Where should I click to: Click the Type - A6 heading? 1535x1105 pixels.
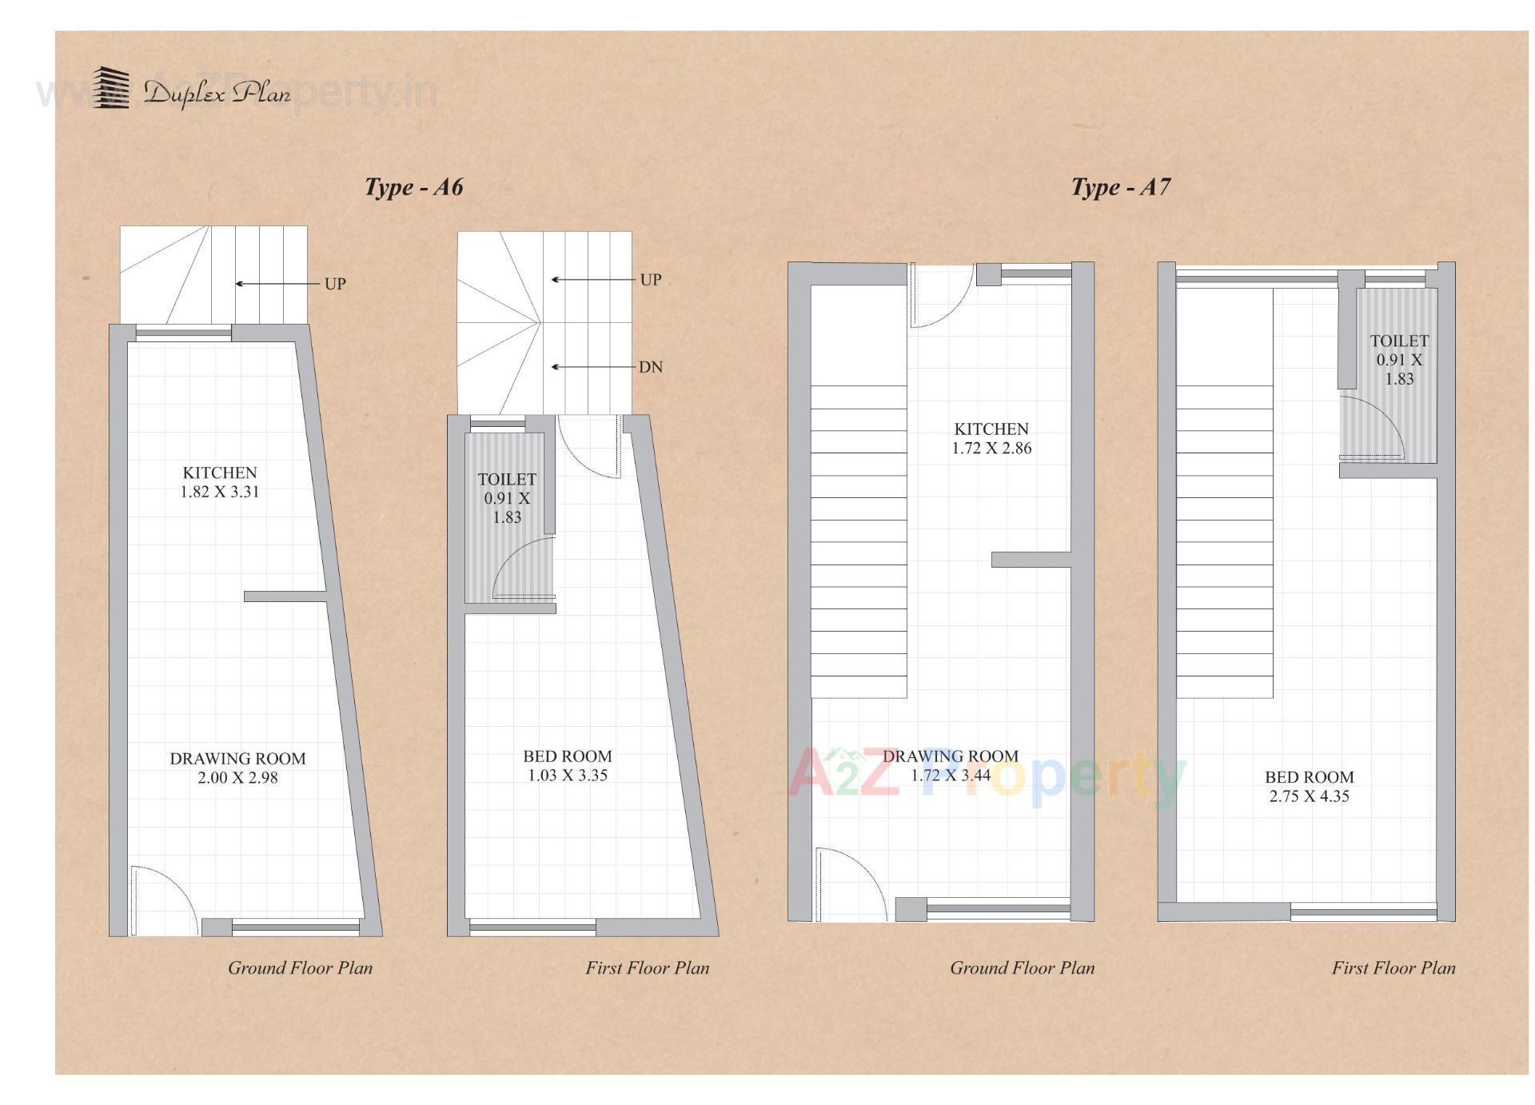click(413, 187)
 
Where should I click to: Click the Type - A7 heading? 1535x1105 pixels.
click(1120, 187)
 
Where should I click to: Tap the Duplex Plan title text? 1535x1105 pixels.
click(217, 94)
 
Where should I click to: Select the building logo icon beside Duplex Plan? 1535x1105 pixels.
click(110, 88)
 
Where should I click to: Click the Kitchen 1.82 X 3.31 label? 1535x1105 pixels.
click(219, 482)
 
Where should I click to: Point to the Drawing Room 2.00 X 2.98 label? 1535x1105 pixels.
click(237, 768)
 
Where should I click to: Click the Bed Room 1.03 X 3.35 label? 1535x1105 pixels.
click(567, 765)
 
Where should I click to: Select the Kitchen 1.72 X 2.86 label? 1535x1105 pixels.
click(991, 438)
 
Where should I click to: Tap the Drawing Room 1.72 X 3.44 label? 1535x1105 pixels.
click(950, 765)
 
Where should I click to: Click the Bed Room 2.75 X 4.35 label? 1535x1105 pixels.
click(1309, 786)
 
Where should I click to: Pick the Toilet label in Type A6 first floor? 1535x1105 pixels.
click(506, 497)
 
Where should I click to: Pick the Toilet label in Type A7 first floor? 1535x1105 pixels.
click(1398, 359)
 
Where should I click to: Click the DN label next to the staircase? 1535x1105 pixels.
click(650, 367)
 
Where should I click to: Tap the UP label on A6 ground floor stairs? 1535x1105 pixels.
click(334, 284)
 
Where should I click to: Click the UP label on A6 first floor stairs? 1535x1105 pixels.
click(650, 280)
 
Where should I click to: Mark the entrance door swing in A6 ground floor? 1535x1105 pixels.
click(164, 900)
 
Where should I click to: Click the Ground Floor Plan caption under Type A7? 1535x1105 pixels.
click(1021, 967)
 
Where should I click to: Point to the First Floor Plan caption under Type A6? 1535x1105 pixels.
click(647, 967)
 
